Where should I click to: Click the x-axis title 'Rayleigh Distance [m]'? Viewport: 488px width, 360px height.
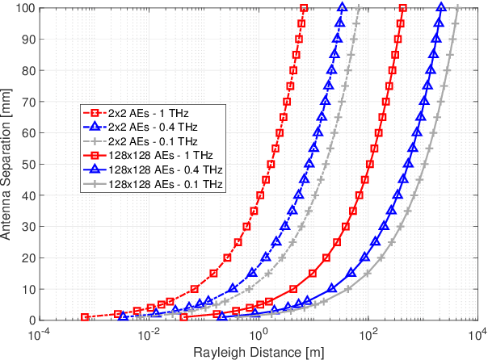(x=258, y=351)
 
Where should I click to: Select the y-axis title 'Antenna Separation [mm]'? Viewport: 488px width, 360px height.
(x=8, y=164)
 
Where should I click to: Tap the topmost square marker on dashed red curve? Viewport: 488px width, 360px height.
(x=304, y=8)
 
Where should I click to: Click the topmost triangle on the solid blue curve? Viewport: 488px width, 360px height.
(x=441, y=8)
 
